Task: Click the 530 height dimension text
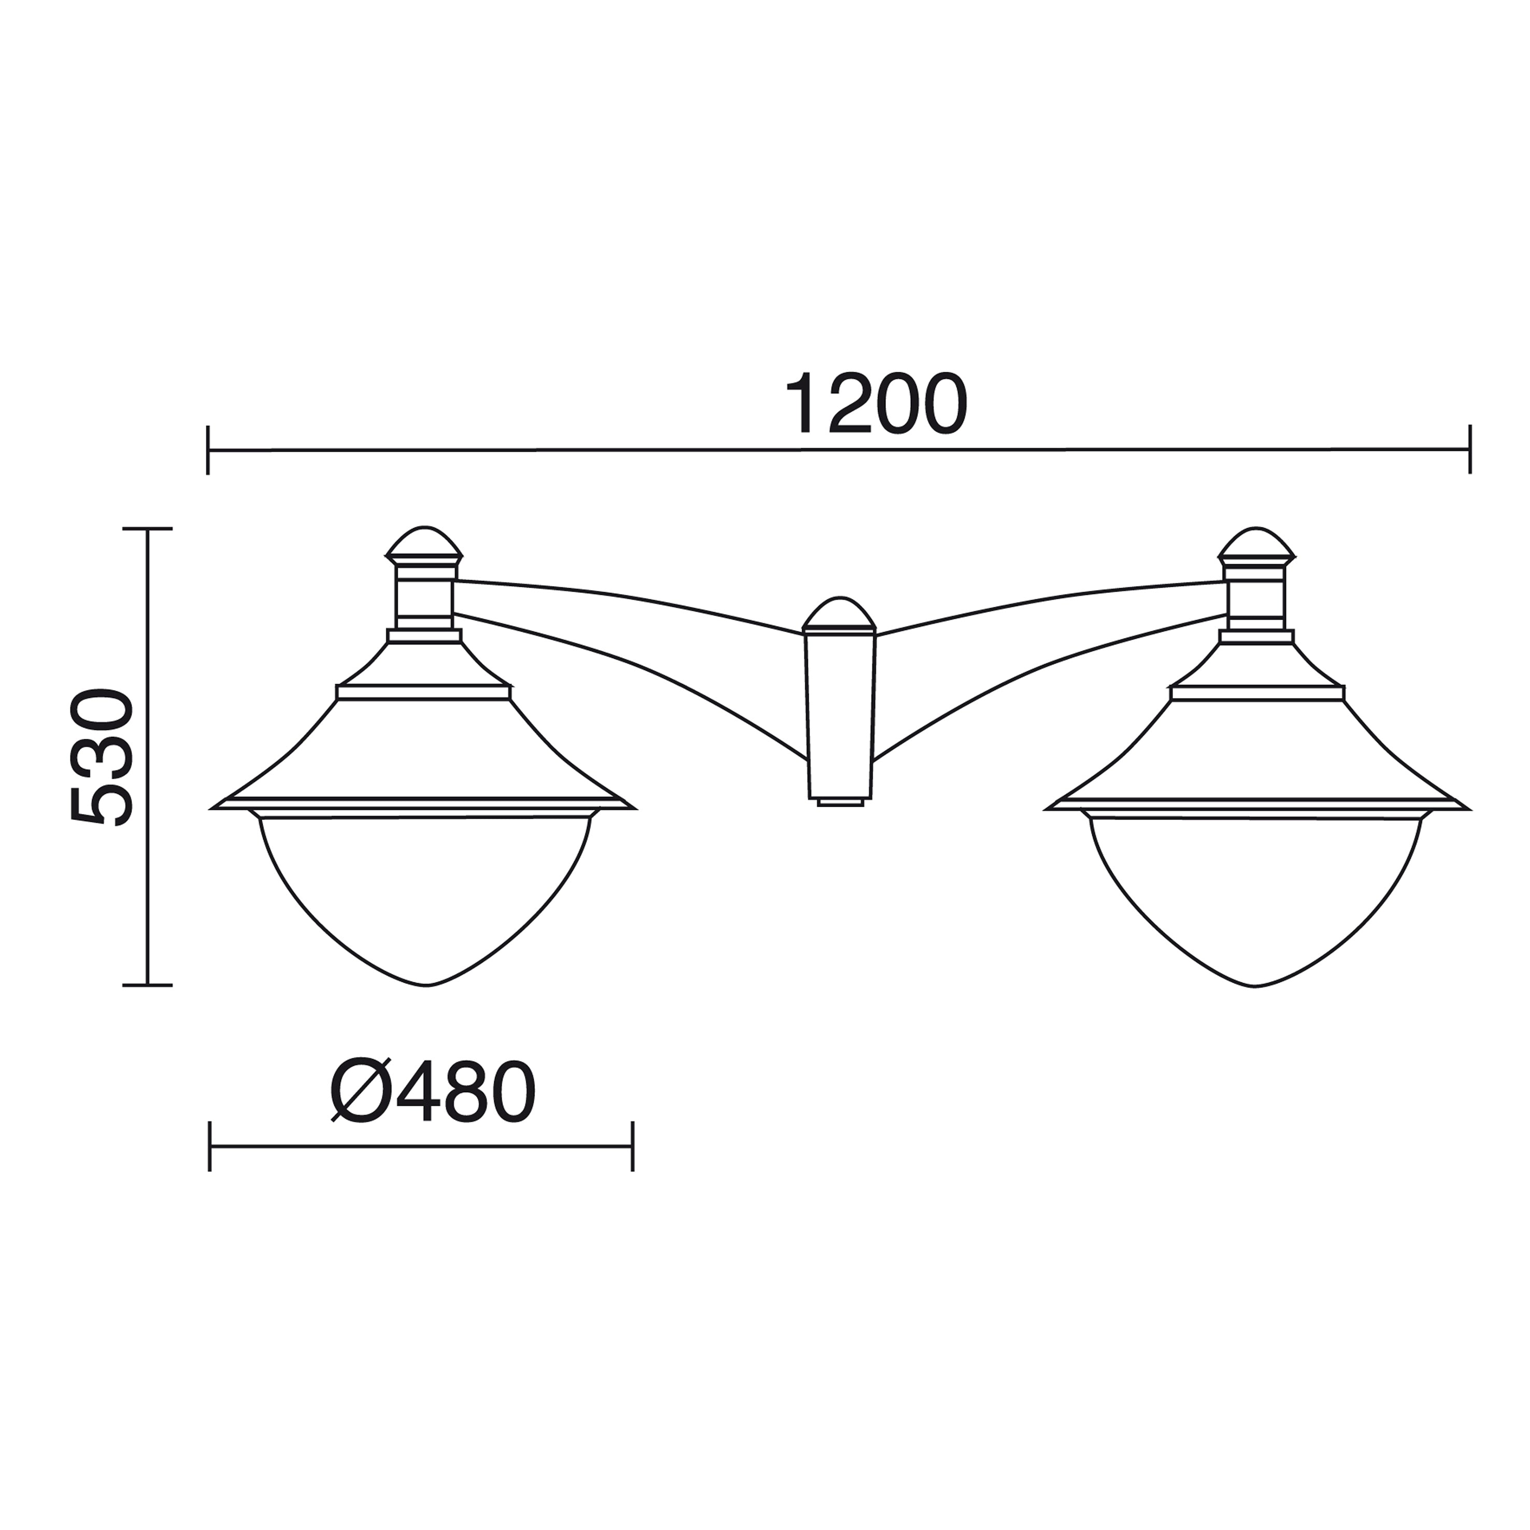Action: (102, 758)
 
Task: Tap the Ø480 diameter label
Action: (433, 1091)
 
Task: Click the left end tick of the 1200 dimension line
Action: (207, 450)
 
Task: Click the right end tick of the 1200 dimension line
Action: (1470, 449)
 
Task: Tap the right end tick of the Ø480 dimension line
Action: (633, 1146)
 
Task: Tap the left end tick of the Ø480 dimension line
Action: (209, 1146)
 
